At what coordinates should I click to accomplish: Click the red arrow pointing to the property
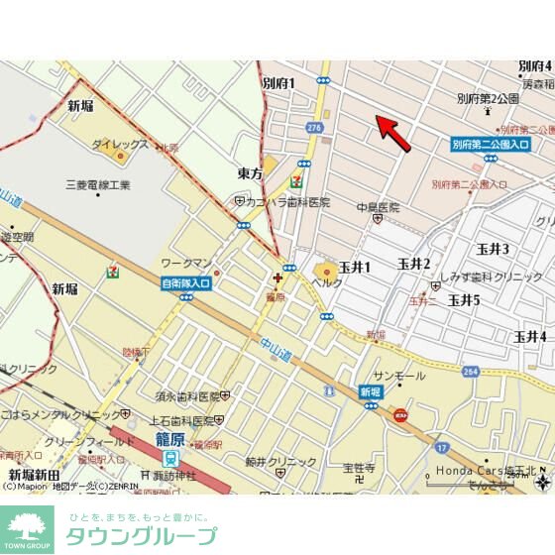click(393, 135)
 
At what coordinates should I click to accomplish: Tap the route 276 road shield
click(314, 127)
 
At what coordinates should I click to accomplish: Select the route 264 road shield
click(471, 371)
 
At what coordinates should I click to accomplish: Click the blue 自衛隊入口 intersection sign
click(186, 282)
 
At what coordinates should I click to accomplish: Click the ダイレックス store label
click(121, 145)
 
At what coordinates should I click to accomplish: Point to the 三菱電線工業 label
click(97, 184)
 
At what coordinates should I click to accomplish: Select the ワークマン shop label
click(188, 263)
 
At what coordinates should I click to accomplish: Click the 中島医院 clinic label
click(380, 208)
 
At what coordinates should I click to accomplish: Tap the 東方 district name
click(251, 173)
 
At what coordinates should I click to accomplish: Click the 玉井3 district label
click(492, 249)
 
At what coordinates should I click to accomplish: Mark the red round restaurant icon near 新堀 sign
click(400, 414)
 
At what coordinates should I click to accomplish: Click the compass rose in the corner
click(541, 483)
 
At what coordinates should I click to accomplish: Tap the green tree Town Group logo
click(27, 528)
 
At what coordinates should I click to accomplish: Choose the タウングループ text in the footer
click(140, 537)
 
